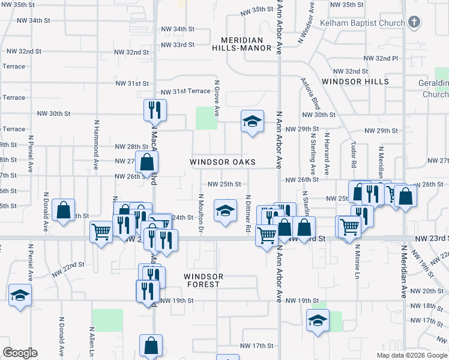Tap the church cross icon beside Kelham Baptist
coord(413,23)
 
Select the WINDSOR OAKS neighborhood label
coord(223,163)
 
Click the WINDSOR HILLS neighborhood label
coord(355,82)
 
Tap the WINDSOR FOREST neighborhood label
coord(204,280)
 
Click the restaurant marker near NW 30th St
coord(154,110)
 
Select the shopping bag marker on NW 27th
coord(147,161)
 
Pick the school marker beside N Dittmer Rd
coord(225,210)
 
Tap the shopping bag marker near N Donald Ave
coord(63,210)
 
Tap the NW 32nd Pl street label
coord(381,59)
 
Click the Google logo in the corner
coord(20,353)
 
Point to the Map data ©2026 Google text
coord(411,355)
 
